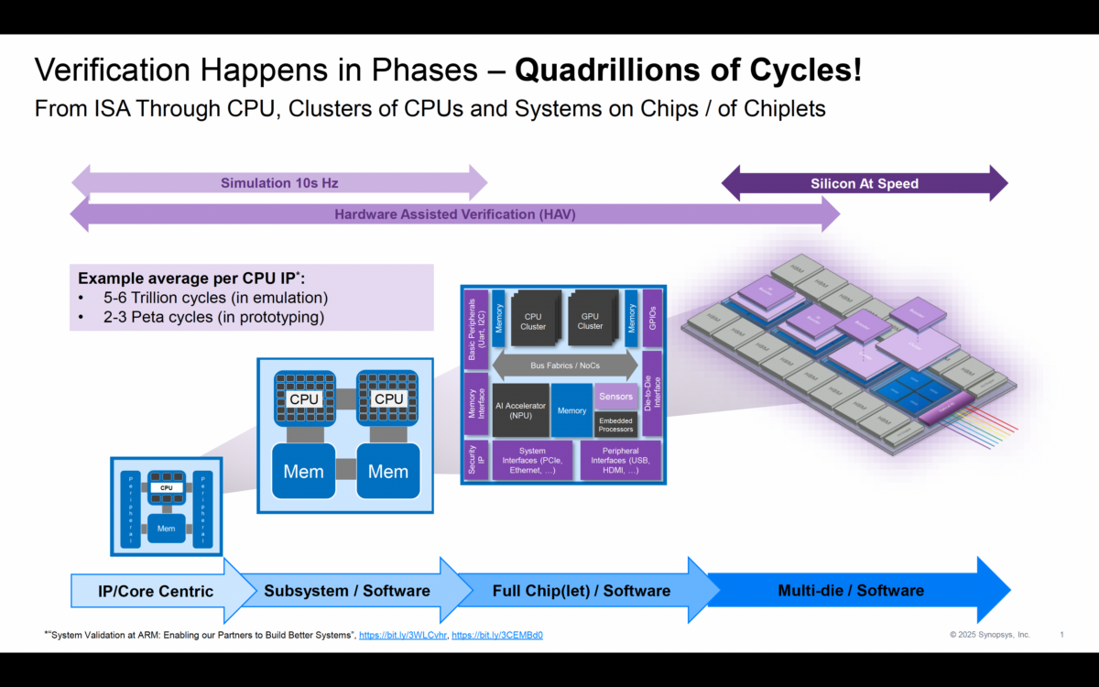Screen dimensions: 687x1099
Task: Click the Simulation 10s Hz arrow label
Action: point(279,183)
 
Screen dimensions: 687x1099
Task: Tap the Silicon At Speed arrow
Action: point(864,183)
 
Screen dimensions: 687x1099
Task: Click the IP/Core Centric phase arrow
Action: point(156,591)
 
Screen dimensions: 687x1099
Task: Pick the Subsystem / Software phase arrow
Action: point(347,591)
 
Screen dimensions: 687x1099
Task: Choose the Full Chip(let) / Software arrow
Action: point(581,591)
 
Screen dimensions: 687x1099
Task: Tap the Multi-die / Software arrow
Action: point(851,591)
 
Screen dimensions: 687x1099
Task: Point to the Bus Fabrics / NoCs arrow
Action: point(565,365)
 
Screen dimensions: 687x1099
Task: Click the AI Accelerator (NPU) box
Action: point(520,410)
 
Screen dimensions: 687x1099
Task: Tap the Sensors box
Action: point(615,397)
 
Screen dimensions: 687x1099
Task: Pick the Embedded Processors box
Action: point(615,424)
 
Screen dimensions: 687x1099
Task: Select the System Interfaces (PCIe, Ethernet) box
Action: point(532,461)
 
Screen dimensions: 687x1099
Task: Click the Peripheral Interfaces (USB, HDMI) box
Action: point(620,461)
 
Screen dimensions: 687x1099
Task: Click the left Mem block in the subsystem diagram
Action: point(303,472)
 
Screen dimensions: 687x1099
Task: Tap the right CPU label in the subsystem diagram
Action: point(388,399)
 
